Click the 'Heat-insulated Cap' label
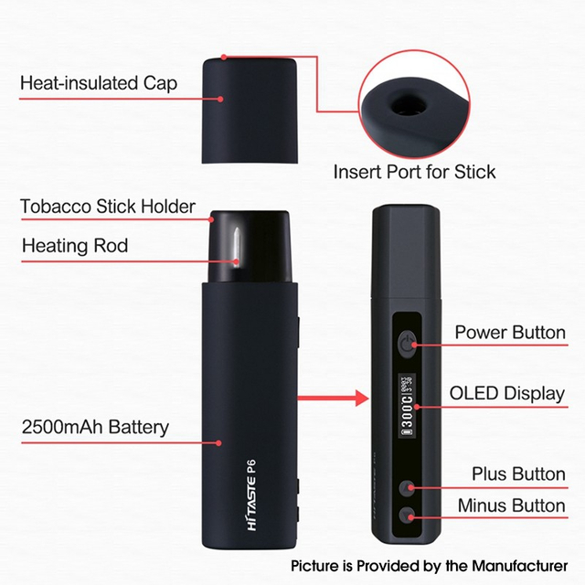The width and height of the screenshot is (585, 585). (99, 84)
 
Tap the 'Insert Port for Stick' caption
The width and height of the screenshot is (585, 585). (414, 171)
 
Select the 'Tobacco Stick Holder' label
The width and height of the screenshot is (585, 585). (108, 207)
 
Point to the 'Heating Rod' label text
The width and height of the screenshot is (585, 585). (75, 245)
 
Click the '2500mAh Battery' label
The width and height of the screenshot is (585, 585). (95, 427)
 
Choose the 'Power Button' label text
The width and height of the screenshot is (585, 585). (509, 332)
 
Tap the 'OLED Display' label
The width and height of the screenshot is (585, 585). (507, 395)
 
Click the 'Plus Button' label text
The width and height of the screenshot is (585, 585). (518, 474)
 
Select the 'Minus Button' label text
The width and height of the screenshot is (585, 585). (512, 505)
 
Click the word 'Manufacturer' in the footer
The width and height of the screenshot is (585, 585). (516, 565)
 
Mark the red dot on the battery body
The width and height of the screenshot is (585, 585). (219, 443)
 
